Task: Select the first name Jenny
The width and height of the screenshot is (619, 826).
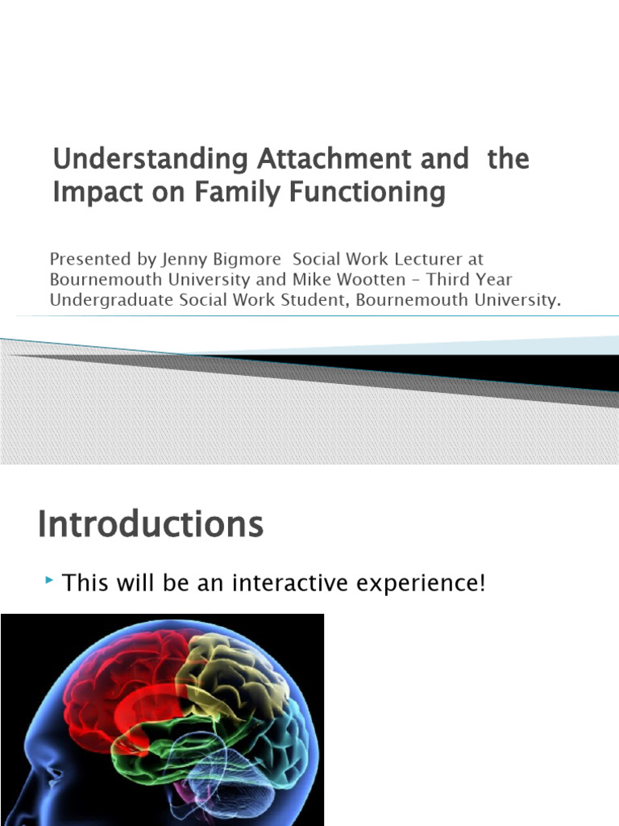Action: pyautogui.click(x=166, y=259)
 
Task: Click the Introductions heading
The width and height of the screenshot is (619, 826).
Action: pyautogui.click(x=151, y=525)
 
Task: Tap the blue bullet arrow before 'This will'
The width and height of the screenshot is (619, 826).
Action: pyautogui.click(x=51, y=581)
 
